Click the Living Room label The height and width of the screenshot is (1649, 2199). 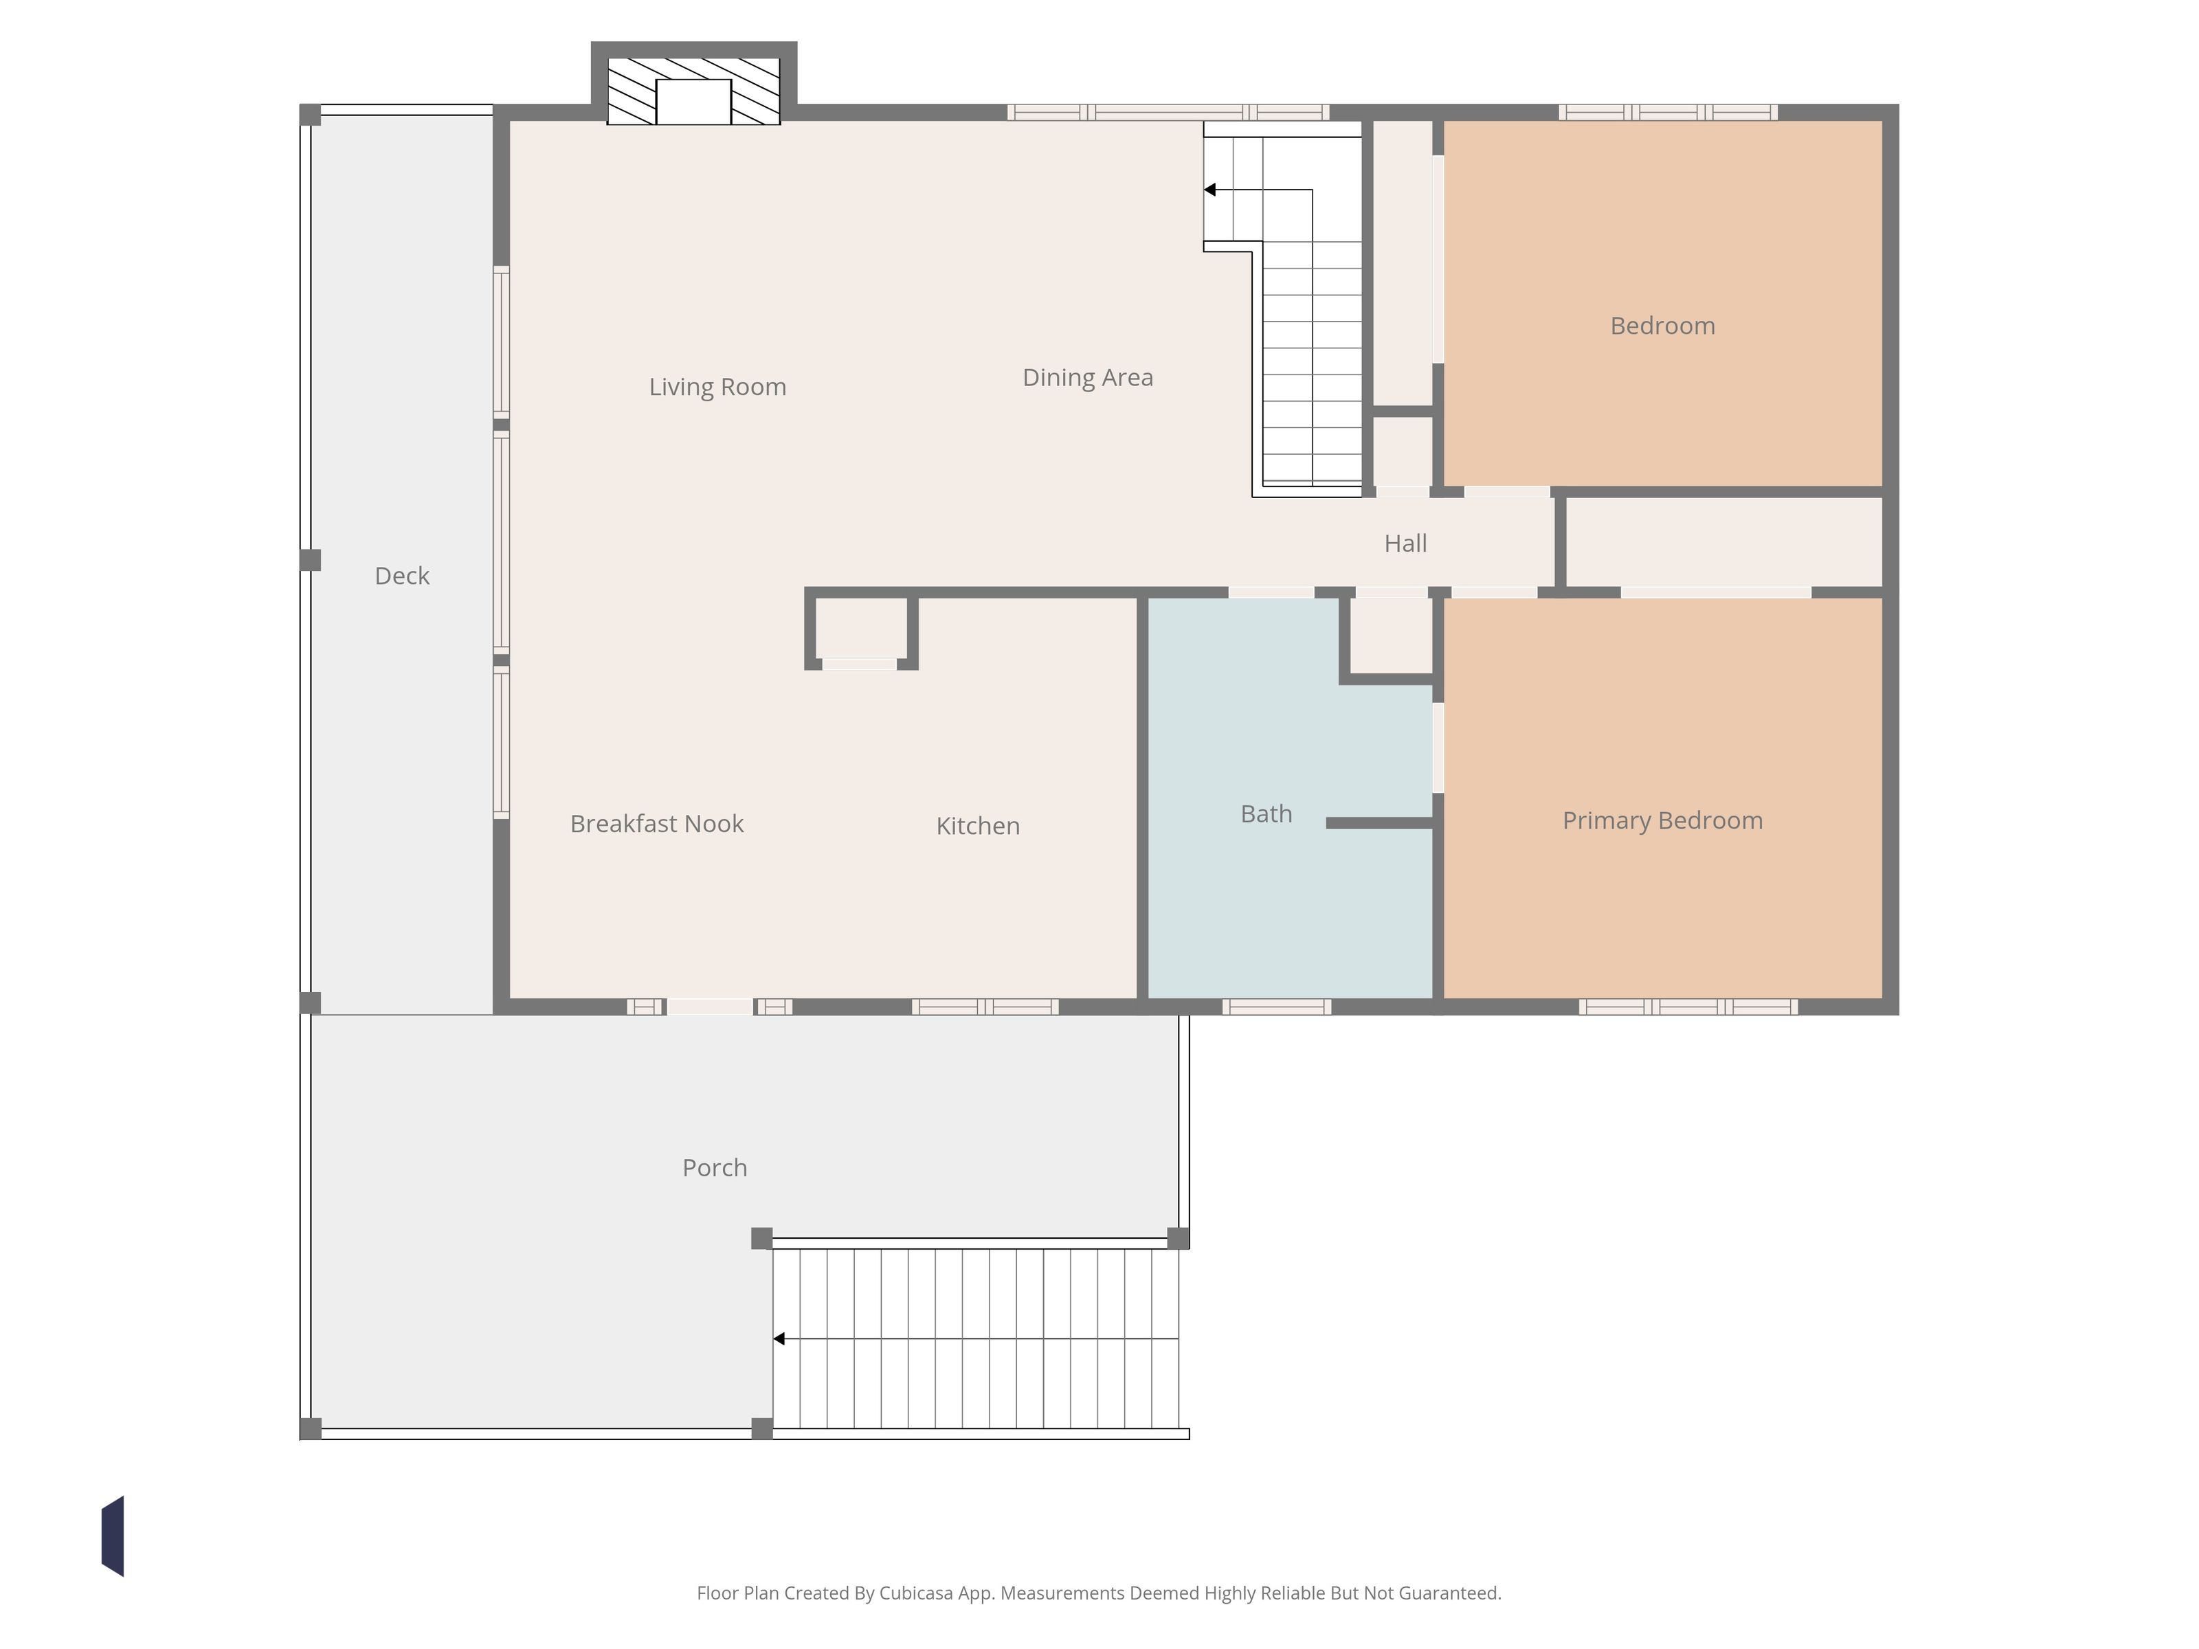[717, 387]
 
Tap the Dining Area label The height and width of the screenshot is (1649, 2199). [1088, 378]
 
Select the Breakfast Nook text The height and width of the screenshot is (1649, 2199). [656, 823]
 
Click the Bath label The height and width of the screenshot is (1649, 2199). [1266, 814]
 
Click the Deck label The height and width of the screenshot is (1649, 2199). [401, 576]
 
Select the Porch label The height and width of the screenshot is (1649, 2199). [714, 1168]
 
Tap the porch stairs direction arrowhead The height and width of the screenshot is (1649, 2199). [779, 1339]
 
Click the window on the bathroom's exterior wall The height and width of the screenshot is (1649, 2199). [1277, 1007]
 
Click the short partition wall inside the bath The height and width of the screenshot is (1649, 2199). [1380, 823]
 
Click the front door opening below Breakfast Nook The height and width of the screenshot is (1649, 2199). [710, 1007]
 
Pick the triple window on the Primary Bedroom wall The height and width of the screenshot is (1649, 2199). [1688, 1007]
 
